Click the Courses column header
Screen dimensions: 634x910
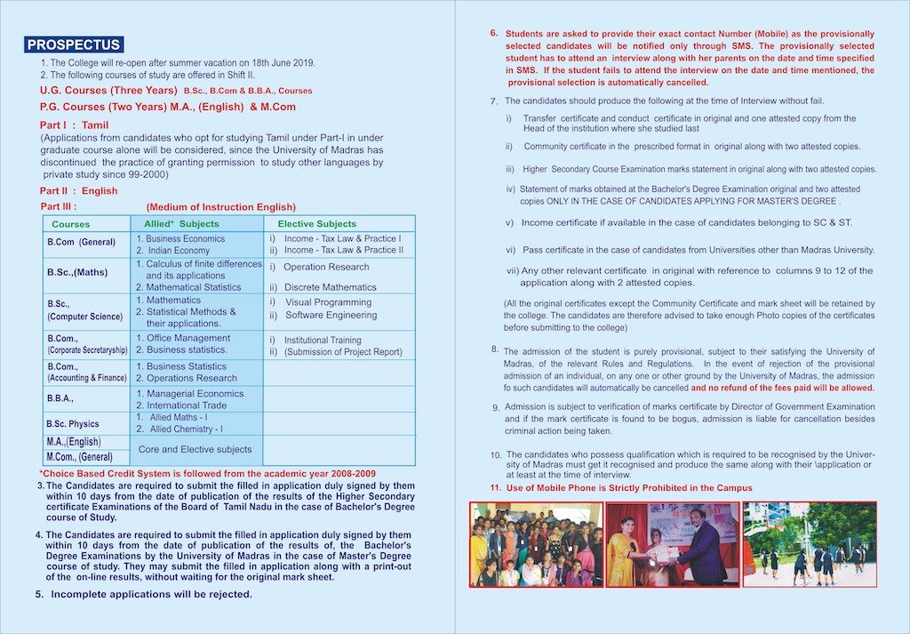(x=70, y=224)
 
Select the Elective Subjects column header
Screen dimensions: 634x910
(x=316, y=224)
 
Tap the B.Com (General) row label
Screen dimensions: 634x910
(x=81, y=242)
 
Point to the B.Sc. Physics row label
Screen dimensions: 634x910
(x=73, y=424)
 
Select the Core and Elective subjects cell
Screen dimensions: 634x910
(x=195, y=449)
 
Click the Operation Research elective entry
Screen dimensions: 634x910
(x=325, y=267)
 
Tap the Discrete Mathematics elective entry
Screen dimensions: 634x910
(x=330, y=287)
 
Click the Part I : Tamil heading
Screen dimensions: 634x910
(x=75, y=125)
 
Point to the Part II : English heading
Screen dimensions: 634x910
(x=78, y=190)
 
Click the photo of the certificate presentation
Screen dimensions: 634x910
(x=671, y=544)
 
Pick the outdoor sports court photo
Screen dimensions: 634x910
(x=809, y=544)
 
